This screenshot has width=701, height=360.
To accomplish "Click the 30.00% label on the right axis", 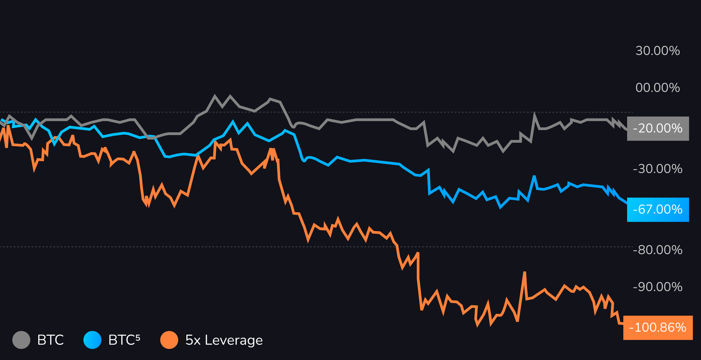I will click(657, 51).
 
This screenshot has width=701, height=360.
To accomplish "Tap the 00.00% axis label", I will click(657, 88).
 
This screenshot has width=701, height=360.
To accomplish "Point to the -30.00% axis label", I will click(657, 169).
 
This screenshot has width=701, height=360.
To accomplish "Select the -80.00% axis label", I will click(657, 250).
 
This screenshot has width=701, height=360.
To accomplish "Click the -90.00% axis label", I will click(657, 287).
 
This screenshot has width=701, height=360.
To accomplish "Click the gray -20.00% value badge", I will click(658, 129).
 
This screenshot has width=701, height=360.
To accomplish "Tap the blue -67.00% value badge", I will click(658, 210).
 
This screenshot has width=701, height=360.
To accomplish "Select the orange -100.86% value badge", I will click(658, 327).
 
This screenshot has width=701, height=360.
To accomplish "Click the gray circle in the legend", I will click(21, 340).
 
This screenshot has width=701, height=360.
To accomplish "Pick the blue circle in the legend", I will click(92, 340).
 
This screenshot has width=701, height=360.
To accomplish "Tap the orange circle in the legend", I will click(169, 340).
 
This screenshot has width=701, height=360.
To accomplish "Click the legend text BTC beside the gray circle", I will click(51, 340).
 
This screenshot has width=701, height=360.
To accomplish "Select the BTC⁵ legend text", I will click(124, 340).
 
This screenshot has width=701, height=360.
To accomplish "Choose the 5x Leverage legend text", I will click(224, 340).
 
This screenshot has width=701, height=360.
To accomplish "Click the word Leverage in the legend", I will click(234, 340).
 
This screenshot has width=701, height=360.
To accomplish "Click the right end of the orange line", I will click(622, 324).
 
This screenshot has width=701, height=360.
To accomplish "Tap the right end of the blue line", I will click(626, 203).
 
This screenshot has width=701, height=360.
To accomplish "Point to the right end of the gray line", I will click(626, 129).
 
